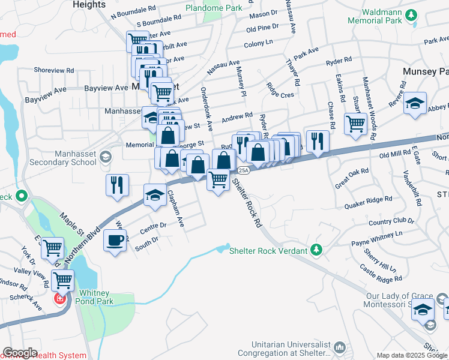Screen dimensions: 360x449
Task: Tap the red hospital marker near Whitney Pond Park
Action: (x=60, y=298)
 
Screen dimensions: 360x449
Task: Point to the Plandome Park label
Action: (x=214, y=8)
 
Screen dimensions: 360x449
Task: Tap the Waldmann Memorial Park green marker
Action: (x=411, y=14)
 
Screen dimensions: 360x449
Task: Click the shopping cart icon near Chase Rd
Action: (x=356, y=124)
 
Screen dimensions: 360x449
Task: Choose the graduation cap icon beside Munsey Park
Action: (x=415, y=104)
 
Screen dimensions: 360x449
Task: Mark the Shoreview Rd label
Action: (x=54, y=70)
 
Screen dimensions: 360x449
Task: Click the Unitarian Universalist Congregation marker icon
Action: (x=339, y=347)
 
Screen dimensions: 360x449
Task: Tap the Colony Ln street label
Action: (x=259, y=44)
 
